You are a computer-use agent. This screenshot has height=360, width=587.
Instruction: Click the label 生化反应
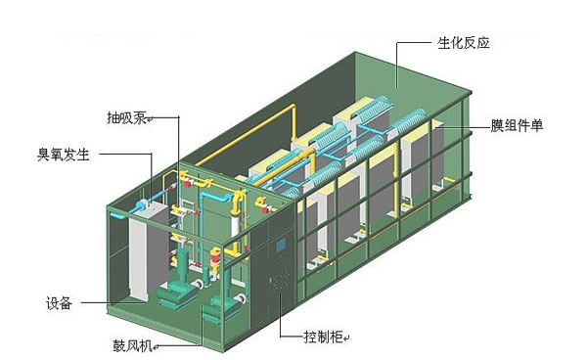pyautogui.click(x=463, y=46)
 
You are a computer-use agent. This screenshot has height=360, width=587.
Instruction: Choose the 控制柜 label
pyautogui.click(x=327, y=336)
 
